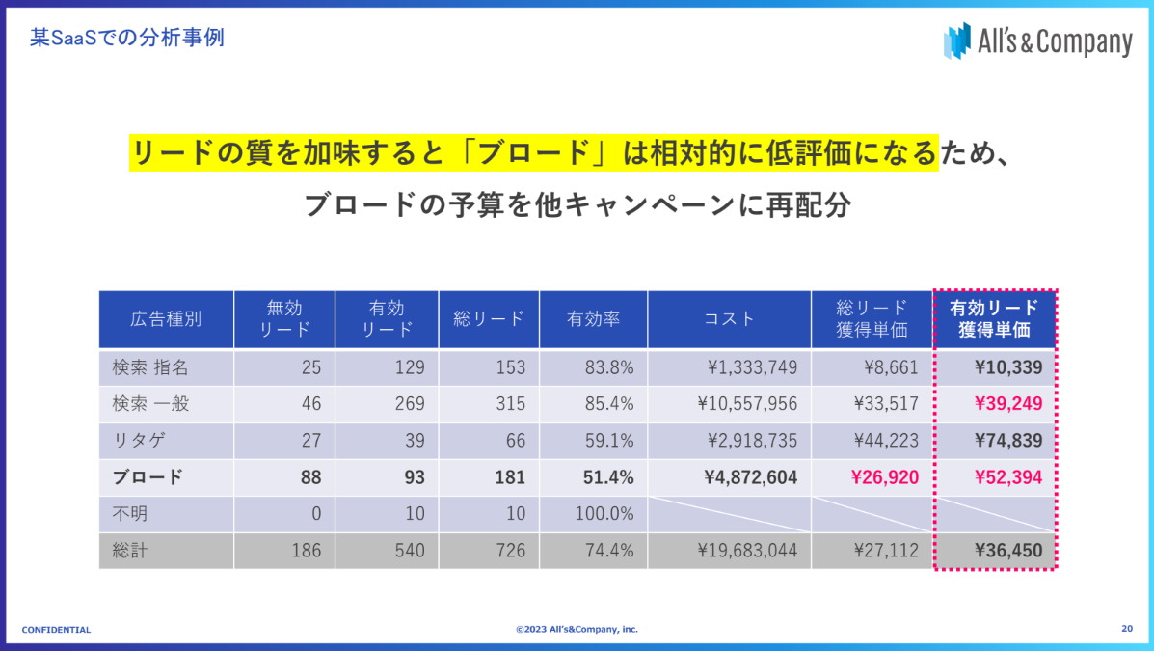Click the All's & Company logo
pyautogui.click(x=1037, y=41)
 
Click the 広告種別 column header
pyautogui.click(x=167, y=319)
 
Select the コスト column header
pyautogui.click(x=730, y=319)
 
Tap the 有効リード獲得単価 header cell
pyautogui.click(x=994, y=319)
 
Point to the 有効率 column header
pyautogui.click(x=593, y=319)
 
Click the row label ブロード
pyautogui.click(x=148, y=477)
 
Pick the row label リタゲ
pyautogui.click(x=139, y=441)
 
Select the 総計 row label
pyautogui.click(x=129, y=550)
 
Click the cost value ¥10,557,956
pyautogui.click(x=747, y=403)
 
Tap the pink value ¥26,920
pyautogui.click(x=885, y=477)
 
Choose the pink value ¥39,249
pyautogui.click(x=1008, y=403)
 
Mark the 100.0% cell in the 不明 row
pyautogui.click(x=604, y=513)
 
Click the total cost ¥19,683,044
pyautogui.click(x=747, y=550)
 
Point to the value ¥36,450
pyautogui.click(x=1008, y=550)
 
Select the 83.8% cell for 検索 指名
pyautogui.click(x=609, y=367)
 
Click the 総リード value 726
pyautogui.click(x=510, y=550)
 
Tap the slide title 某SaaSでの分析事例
pyautogui.click(x=126, y=38)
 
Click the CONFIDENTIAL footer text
pyautogui.click(x=56, y=630)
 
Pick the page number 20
pyautogui.click(x=1127, y=628)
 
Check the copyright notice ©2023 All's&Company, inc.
pyautogui.click(x=577, y=629)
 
